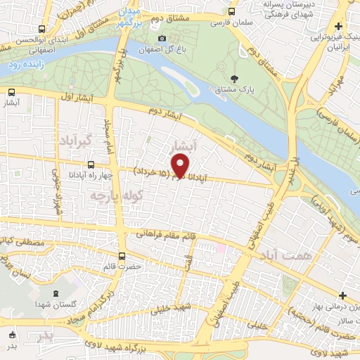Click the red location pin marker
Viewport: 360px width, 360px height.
coord(181,166)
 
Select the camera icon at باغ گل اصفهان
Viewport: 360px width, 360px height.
coord(162,38)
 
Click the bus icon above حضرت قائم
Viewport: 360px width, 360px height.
coord(123,256)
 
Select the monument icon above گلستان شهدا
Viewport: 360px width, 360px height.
coord(56,289)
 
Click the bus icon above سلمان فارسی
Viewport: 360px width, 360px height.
coord(232,12)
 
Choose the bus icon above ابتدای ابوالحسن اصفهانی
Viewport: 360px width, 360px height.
coord(42,30)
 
